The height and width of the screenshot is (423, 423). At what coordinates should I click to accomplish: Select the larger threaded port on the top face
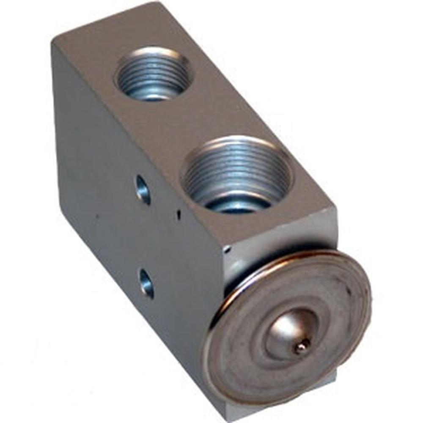click(x=237, y=173)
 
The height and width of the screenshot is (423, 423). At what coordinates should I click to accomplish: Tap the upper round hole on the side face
click(x=143, y=190)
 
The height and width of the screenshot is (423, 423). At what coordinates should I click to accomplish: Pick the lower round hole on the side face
click(x=146, y=283)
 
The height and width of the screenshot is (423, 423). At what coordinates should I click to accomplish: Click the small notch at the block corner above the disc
click(x=227, y=250)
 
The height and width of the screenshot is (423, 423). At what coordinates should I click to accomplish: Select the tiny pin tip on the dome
click(x=302, y=347)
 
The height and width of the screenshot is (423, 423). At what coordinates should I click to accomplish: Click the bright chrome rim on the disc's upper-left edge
click(x=237, y=288)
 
